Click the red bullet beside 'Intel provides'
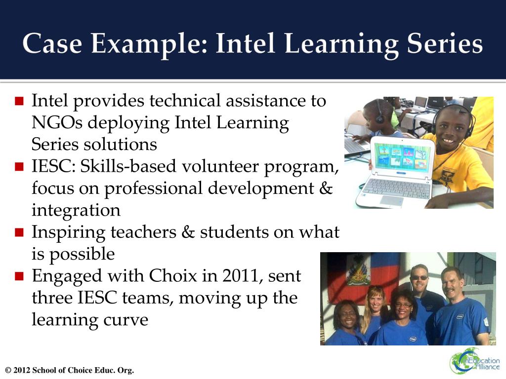click(19, 102)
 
